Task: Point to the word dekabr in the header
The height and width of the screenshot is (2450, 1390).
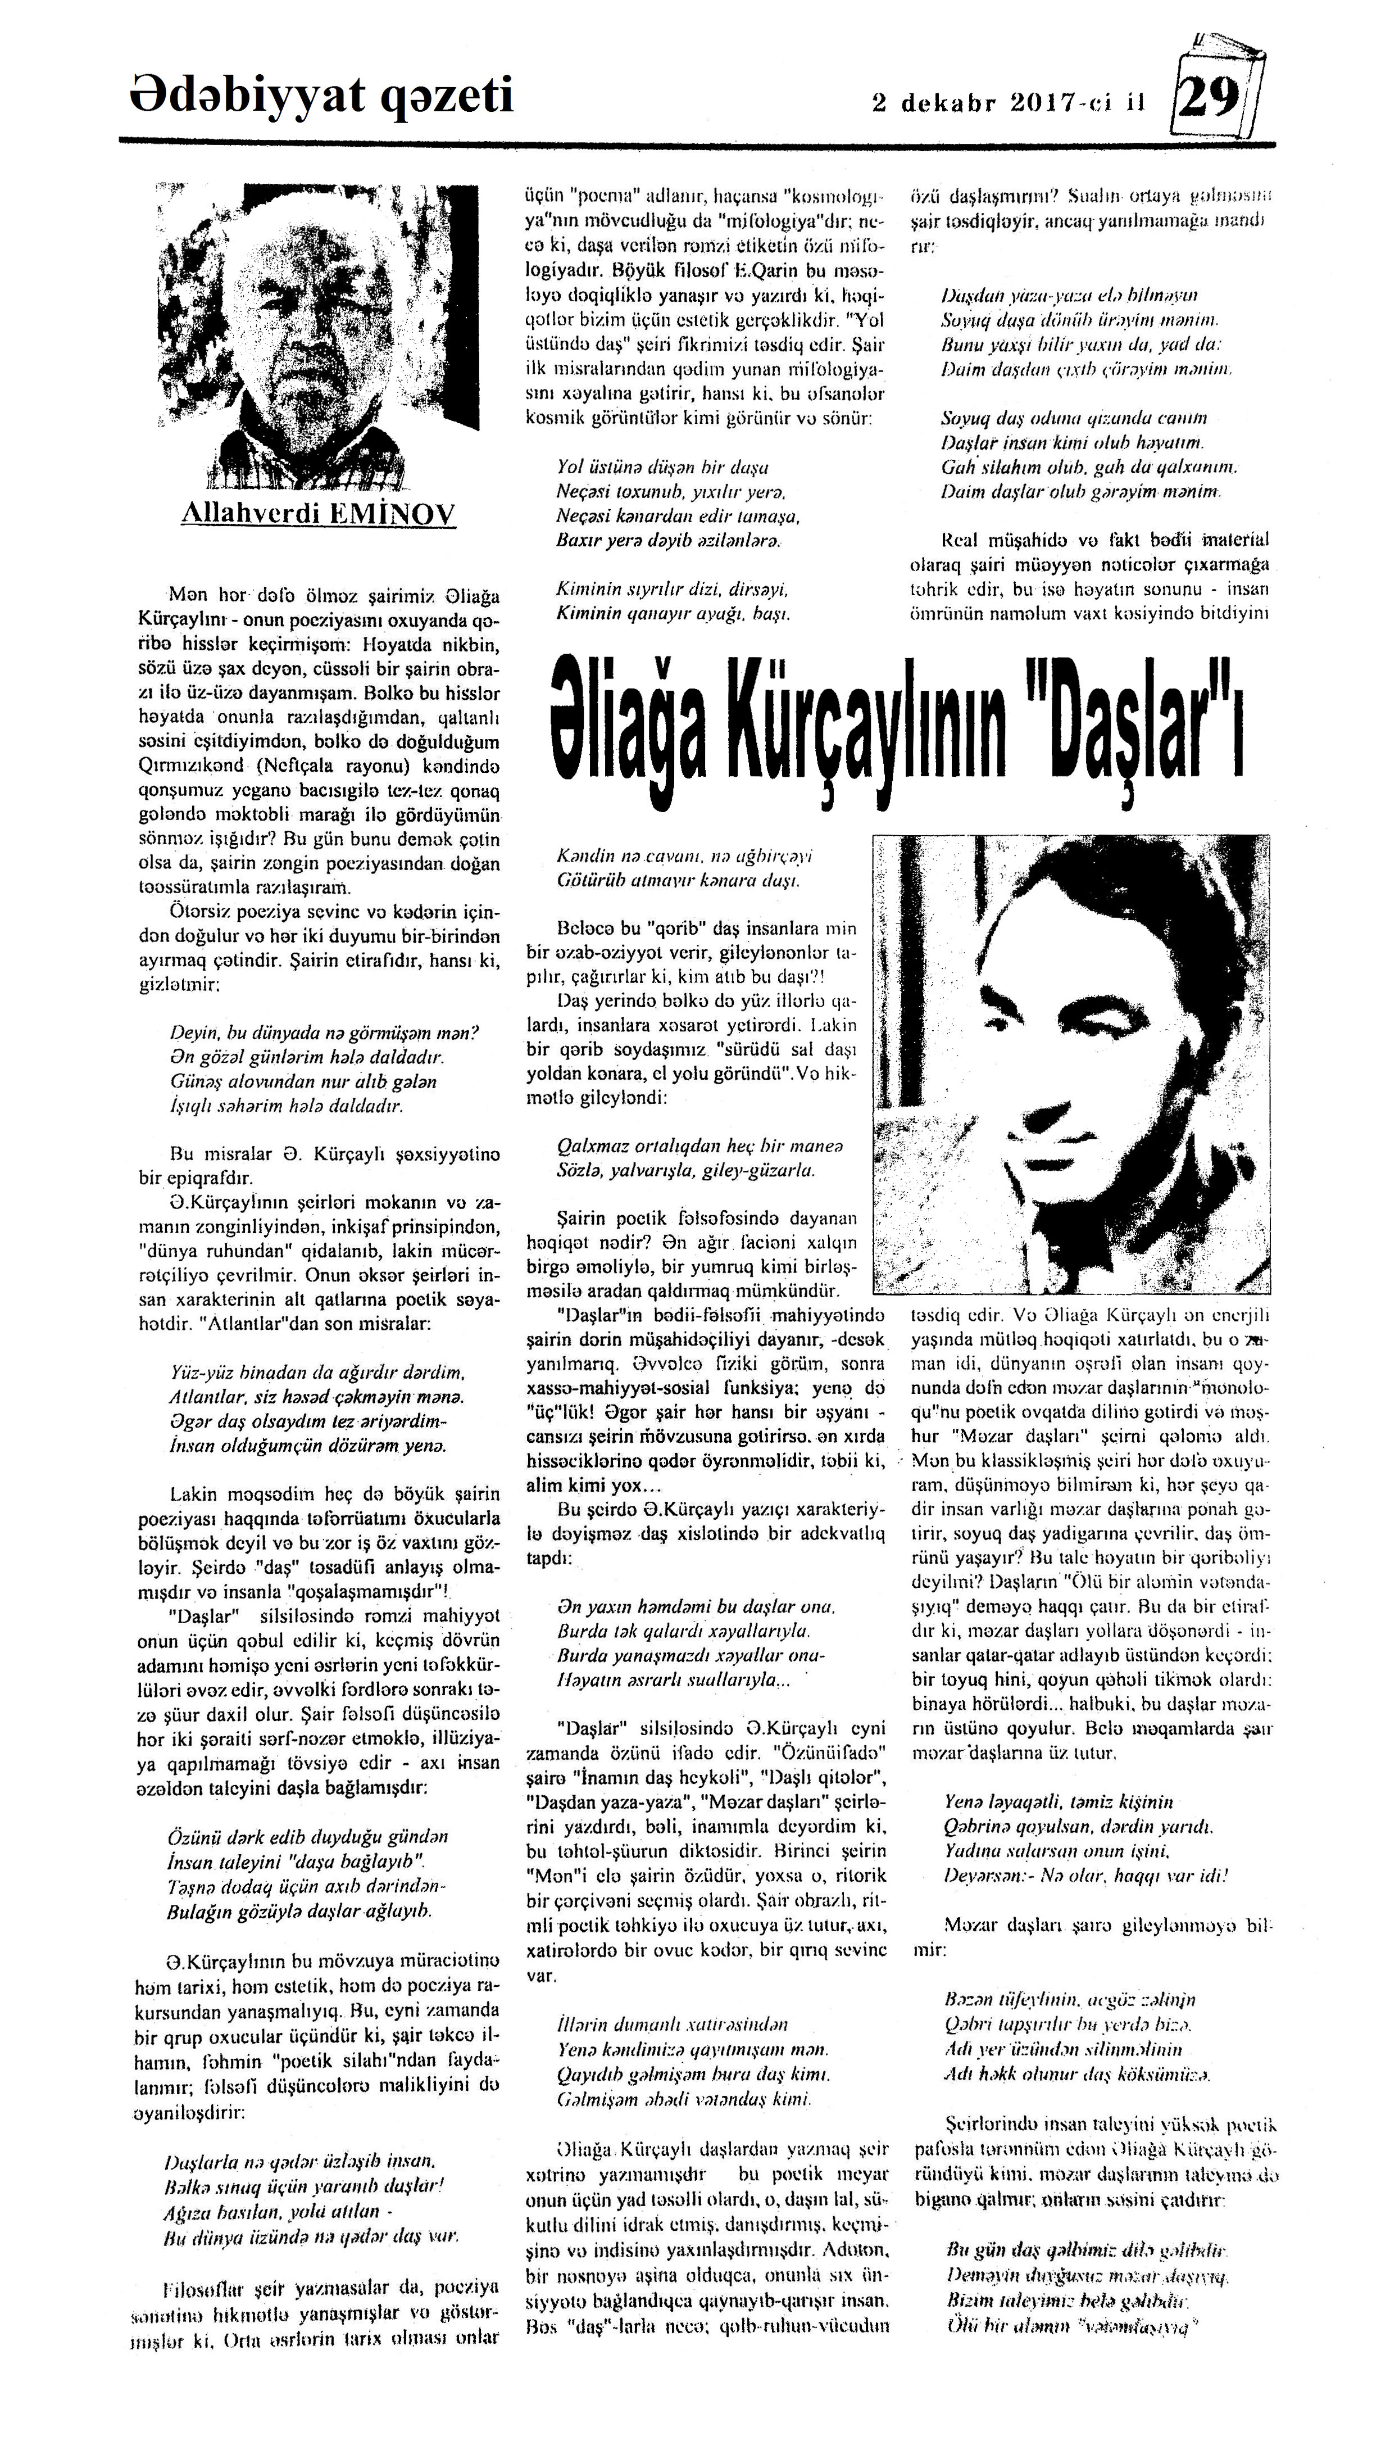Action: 948,103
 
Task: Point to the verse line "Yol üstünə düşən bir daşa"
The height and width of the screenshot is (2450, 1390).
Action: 662,468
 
